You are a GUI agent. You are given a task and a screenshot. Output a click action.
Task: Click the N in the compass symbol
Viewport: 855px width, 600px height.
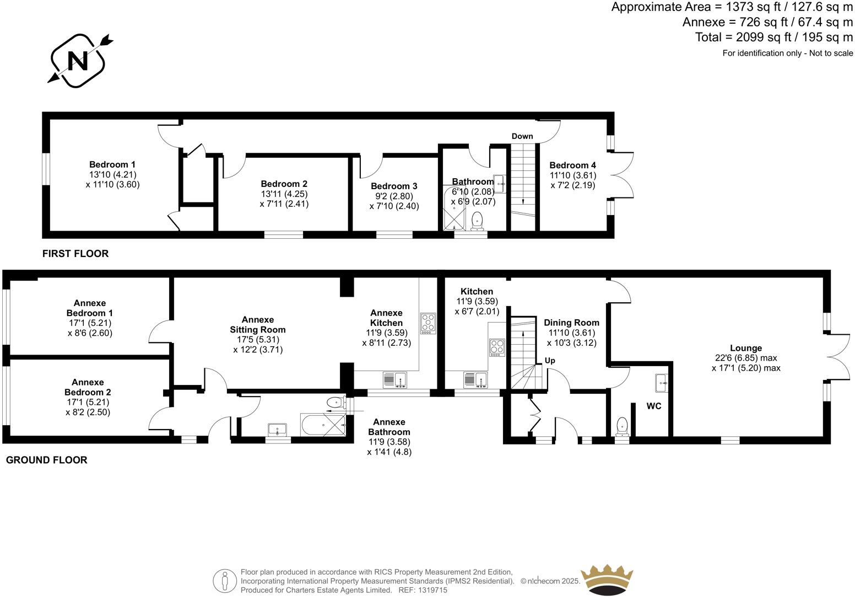point(78,61)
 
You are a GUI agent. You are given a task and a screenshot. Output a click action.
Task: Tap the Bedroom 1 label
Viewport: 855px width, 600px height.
point(112,164)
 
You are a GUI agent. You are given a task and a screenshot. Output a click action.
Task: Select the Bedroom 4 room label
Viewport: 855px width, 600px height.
point(572,165)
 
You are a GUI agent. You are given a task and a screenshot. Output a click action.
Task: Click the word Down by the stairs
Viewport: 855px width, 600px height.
point(522,136)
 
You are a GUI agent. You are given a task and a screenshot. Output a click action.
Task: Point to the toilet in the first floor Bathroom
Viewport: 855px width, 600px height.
point(477,221)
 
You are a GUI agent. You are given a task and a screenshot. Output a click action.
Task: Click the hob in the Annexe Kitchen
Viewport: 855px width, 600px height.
point(428,324)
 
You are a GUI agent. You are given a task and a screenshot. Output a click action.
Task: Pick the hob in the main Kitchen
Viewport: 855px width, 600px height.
point(496,347)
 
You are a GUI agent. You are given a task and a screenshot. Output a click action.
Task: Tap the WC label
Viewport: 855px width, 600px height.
point(653,406)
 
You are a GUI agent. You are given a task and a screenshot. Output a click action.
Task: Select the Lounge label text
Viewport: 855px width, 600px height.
point(746,348)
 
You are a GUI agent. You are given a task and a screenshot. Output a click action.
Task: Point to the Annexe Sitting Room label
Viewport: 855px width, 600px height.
point(257,324)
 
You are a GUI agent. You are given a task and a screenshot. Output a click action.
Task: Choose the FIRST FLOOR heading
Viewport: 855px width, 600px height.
point(75,254)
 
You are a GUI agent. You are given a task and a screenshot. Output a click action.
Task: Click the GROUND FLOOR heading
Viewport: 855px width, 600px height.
point(46,460)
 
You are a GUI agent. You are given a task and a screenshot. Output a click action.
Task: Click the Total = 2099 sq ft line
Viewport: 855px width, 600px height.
point(773,37)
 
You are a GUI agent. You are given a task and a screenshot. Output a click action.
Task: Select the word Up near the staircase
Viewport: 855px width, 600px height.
point(549,361)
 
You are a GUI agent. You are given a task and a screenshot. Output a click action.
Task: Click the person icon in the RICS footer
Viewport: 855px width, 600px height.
point(224,580)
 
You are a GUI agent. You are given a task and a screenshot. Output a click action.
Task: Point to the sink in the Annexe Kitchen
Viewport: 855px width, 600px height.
point(394,380)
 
